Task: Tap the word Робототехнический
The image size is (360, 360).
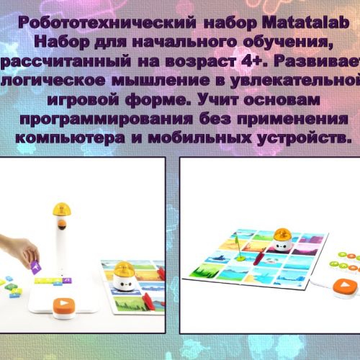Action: pyautogui.click(x=107, y=24)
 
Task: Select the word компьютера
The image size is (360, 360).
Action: pyautogui.click(x=70, y=138)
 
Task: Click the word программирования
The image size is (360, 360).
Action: pyautogui.click(x=106, y=120)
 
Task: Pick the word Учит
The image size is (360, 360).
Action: pyautogui.click(x=217, y=100)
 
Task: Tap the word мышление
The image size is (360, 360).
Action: pyautogui.click(x=161, y=81)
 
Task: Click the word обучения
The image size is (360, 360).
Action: pyautogui.click(x=288, y=42)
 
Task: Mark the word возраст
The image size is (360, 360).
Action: pyautogui.click(x=200, y=62)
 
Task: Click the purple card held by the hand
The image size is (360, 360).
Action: pyautogui.click(x=36, y=267)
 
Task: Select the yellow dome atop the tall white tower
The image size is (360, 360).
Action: pyautogui.click(x=62, y=210)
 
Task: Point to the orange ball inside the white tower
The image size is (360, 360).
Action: pyautogui.click(x=62, y=225)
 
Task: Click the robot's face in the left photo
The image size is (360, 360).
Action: pyautogui.click(x=127, y=284)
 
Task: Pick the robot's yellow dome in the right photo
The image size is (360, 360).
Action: pyautogui.click(x=282, y=235)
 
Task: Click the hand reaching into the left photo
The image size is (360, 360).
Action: pyautogui.click(x=19, y=251)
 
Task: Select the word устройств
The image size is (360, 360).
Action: pyautogui.click(x=302, y=138)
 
